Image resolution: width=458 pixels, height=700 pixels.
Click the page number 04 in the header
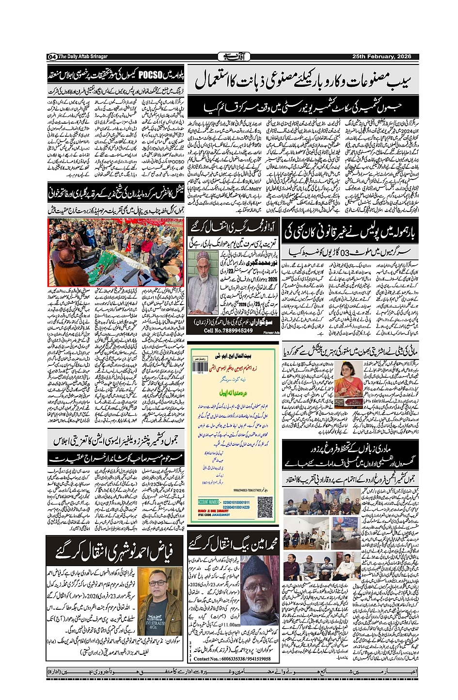point(52,57)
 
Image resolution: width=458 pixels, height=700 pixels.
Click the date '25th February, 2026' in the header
point(381,57)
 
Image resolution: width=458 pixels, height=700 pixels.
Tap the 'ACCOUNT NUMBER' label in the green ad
point(209,502)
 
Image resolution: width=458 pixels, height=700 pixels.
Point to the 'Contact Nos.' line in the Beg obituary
point(232,659)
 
